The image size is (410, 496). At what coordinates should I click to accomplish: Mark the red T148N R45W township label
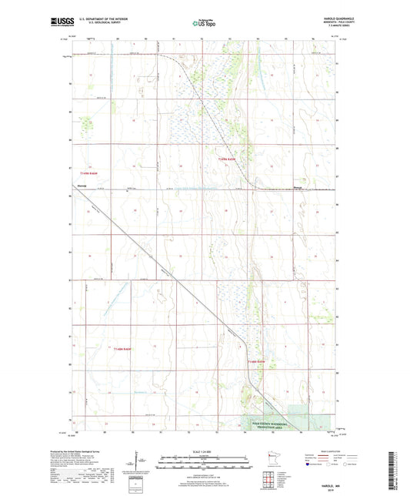(x=256, y=360)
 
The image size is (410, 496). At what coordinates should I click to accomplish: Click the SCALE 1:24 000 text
(x=204, y=451)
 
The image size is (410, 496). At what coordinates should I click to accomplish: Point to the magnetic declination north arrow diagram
(x=138, y=461)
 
